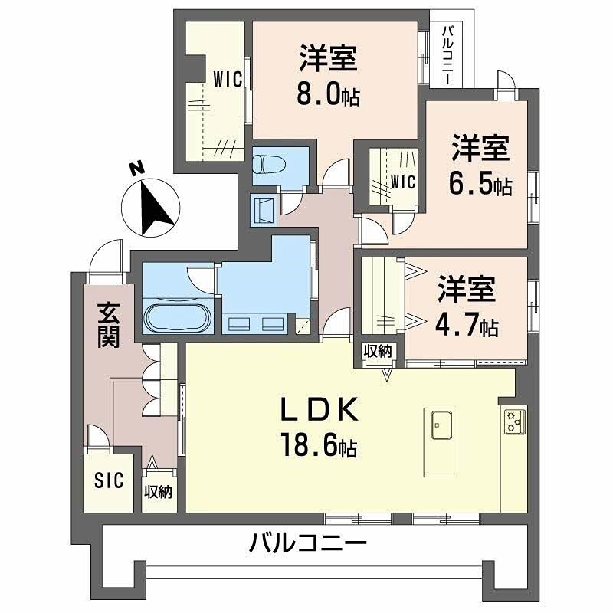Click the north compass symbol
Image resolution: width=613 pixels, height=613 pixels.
point(151,207)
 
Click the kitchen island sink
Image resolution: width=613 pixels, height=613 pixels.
point(441,425)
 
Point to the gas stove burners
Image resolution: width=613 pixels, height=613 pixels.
point(513,421)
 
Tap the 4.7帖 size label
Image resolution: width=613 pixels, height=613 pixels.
point(468,327)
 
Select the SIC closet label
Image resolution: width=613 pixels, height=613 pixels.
point(107,482)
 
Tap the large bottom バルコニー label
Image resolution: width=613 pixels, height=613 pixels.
point(308,546)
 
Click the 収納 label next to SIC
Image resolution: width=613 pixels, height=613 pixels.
point(159,492)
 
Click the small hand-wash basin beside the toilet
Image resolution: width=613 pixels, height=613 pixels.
point(264,208)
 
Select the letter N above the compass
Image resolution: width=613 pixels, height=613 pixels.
point(135,169)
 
